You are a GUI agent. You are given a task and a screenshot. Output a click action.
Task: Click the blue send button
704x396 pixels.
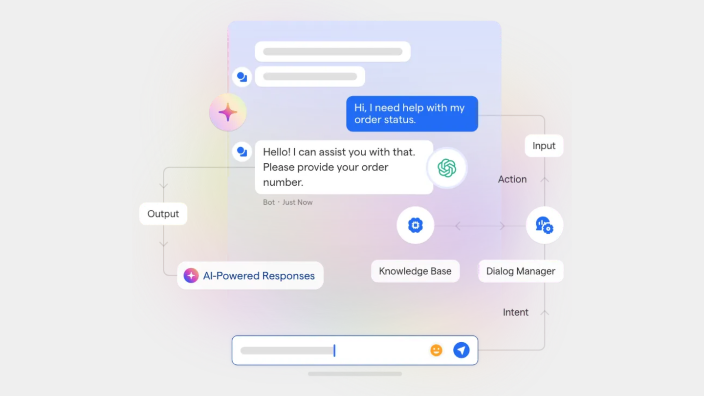tap(461, 350)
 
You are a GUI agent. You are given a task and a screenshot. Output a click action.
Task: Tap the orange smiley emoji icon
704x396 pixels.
tap(436, 350)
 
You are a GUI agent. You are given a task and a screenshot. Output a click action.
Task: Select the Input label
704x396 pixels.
tap(544, 146)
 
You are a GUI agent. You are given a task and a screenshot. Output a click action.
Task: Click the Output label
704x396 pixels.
tap(163, 214)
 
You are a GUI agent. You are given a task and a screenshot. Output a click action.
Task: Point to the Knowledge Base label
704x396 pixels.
tap(415, 271)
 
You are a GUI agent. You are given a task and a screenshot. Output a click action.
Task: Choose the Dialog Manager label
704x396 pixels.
tap(521, 271)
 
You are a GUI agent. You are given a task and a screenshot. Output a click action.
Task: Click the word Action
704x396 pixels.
tap(512, 179)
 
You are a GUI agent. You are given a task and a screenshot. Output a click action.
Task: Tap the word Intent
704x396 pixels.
tap(515, 312)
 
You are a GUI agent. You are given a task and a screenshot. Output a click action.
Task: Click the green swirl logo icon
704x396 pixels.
tap(447, 168)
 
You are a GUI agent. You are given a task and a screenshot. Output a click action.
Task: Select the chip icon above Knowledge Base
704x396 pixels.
tap(415, 225)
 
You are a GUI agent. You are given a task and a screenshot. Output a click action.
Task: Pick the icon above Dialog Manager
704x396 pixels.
tap(545, 225)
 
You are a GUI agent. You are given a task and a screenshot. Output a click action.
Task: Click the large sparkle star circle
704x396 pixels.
tap(228, 112)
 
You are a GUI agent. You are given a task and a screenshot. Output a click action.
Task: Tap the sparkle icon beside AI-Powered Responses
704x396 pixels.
tap(191, 276)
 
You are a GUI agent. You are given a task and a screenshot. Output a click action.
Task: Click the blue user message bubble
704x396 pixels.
tap(412, 114)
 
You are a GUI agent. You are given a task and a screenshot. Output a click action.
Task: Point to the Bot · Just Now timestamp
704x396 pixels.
tap(288, 202)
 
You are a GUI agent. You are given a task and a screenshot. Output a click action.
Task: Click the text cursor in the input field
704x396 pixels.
tap(334, 351)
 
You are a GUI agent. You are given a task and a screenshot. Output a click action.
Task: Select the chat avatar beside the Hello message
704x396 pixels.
tap(242, 152)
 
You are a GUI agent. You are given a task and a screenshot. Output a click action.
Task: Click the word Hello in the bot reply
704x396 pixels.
tap(277, 152)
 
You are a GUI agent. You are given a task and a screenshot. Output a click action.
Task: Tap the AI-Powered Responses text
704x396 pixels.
tap(259, 276)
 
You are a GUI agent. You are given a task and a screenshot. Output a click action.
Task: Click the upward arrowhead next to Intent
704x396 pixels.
tap(545, 312)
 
